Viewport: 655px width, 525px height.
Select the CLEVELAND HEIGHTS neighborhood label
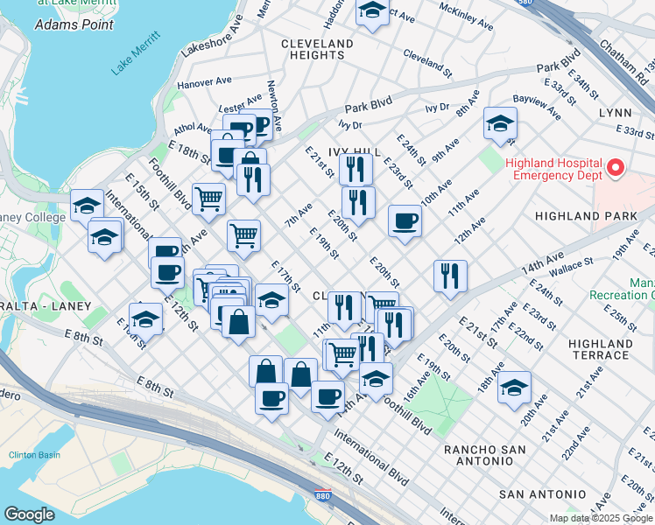tap(317, 49)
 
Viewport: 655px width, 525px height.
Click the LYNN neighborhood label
tap(615, 114)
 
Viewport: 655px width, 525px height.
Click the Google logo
tap(29, 514)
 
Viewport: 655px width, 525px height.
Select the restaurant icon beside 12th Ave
tap(450, 276)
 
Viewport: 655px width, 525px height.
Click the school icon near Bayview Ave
tap(500, 124)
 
